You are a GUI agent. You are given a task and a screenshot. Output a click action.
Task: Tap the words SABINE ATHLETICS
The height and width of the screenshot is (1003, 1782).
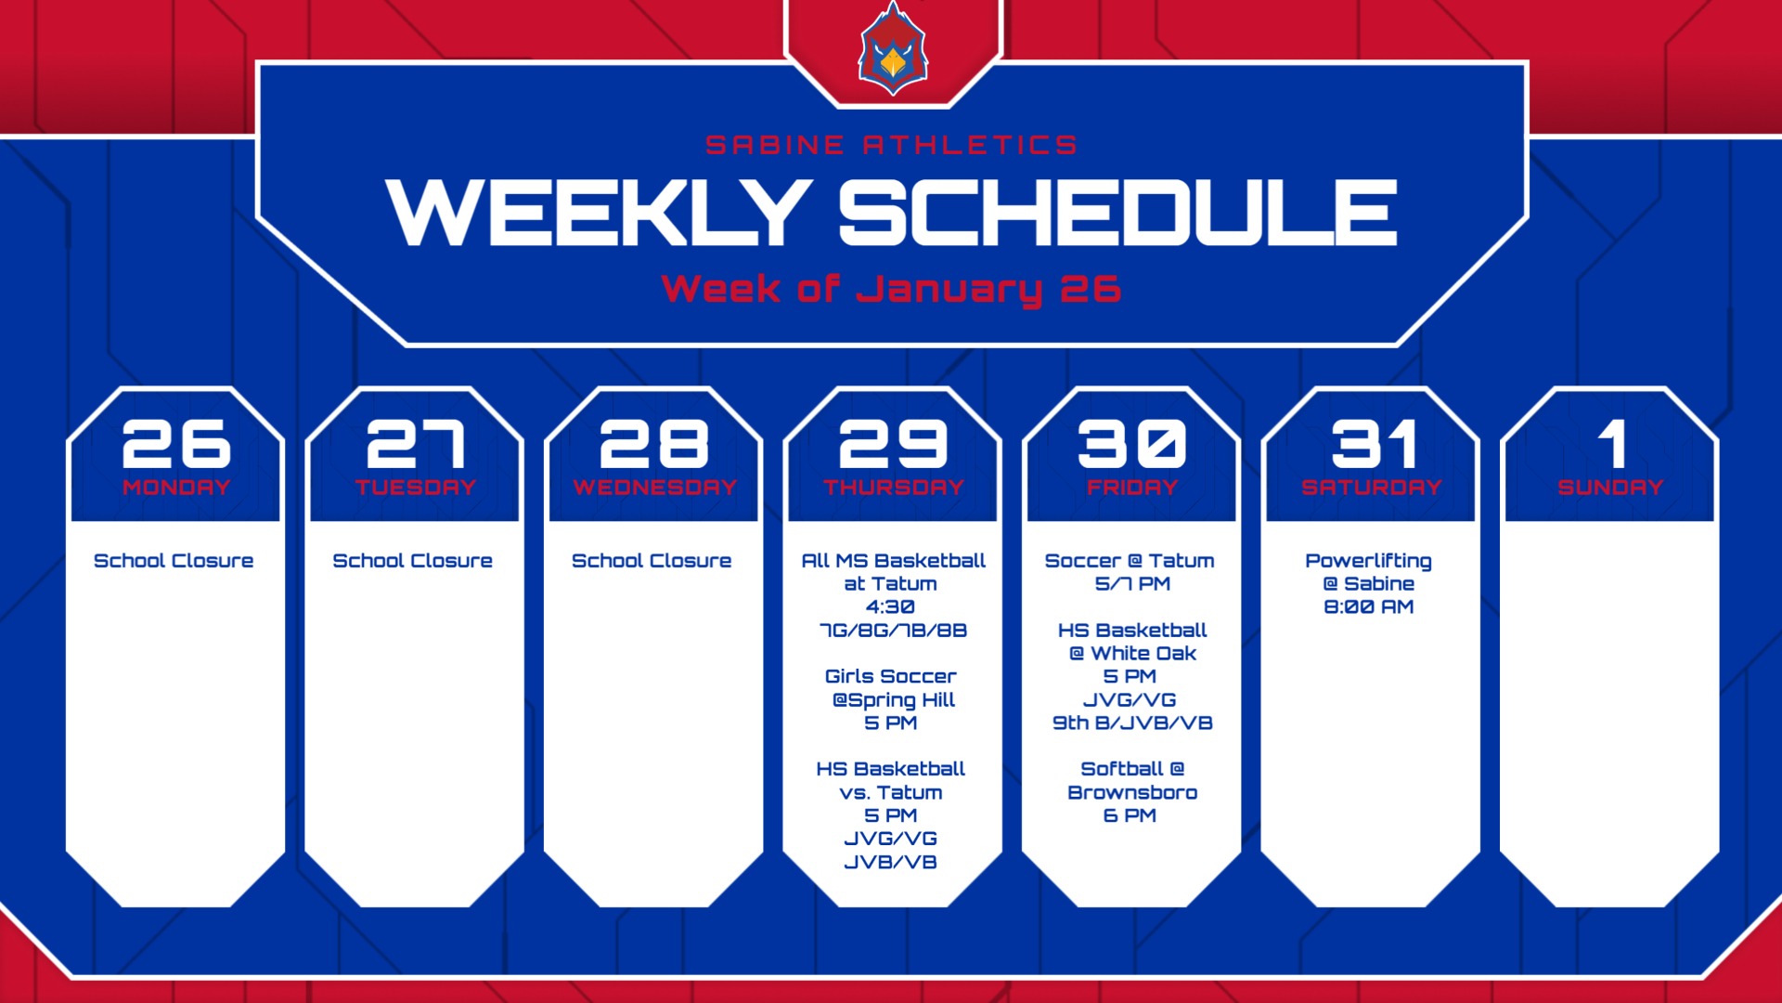point(891,145)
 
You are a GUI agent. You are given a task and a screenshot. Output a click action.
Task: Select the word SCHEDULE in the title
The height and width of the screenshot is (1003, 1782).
point(1118,213)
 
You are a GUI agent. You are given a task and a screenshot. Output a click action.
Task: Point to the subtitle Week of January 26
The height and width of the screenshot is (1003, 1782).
point(891,289)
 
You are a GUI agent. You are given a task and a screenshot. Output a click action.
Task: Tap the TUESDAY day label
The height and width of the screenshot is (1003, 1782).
point(415,487)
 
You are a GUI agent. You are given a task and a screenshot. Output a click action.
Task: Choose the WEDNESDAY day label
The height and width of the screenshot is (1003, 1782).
point(654,487)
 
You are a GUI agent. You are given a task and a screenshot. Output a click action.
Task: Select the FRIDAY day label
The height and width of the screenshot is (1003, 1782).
point(1132,487)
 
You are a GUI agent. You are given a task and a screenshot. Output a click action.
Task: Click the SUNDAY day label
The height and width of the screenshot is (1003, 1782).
point(1610,487)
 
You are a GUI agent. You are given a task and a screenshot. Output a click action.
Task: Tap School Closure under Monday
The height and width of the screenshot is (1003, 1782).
point(174,561)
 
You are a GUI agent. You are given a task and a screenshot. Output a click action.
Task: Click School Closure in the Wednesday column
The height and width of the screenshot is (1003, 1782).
point(652,561)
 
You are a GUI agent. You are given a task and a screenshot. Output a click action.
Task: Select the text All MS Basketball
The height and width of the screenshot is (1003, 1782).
point(893,561)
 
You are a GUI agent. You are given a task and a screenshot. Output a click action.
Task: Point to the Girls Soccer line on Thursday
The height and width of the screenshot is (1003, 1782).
point(891,676)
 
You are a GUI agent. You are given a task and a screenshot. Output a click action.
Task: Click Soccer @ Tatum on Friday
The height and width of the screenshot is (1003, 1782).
point(1130,561)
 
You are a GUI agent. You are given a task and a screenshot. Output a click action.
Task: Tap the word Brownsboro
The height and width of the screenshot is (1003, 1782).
point(1132,792)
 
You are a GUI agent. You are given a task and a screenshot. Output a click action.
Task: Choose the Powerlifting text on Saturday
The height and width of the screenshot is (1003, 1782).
point(1368,561)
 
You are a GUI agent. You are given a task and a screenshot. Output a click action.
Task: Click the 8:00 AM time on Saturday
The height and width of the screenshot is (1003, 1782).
point(1368,606)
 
